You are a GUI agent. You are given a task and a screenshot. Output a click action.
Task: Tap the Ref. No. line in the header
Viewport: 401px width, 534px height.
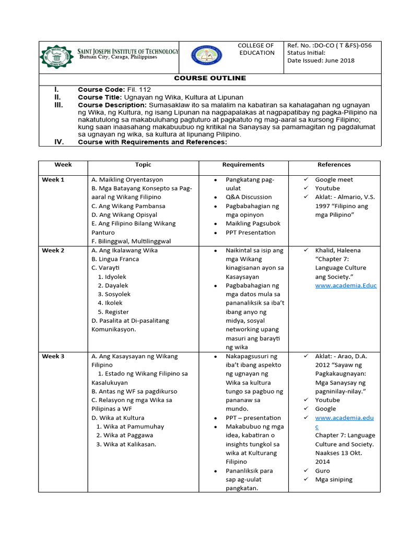pos(329,45)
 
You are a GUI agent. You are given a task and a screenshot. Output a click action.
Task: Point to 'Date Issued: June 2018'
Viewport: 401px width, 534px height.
pos(321,60)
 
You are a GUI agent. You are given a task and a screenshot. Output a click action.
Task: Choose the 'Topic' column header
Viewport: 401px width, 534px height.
pos(143,165)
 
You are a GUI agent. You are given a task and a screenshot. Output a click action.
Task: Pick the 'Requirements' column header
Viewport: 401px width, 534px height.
pos(243,165)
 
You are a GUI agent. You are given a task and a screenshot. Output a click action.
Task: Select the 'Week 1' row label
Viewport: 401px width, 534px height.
pos(53,180)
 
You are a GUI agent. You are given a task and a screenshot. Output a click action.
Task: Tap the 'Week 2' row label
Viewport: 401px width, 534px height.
pos(53,250)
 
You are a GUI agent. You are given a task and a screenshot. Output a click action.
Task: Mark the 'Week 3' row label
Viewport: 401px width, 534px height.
pos(53,357)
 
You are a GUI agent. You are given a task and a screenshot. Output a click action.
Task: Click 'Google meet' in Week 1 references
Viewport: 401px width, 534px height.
pos(334,180)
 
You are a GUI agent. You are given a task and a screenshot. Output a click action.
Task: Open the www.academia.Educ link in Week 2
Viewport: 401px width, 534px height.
pos(346,286)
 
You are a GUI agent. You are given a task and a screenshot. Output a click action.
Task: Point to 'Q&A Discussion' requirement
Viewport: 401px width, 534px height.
pos(249,197)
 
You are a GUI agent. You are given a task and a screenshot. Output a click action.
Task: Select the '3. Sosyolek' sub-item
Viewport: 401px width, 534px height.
pos(113,295)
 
